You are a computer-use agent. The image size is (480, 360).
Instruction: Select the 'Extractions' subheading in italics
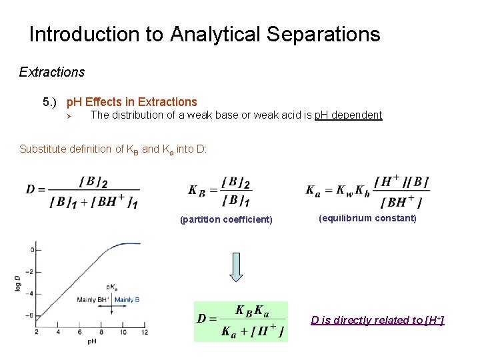pyautogui.click(x=52, y=71)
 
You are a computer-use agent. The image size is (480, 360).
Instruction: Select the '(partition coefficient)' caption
pyautogui.click(x=227, y=219)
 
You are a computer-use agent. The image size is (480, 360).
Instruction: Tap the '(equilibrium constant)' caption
pyautogui.click(x=367, y=218)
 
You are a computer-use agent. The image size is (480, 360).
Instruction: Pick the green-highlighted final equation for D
pyautogui.click(x=241, y=321)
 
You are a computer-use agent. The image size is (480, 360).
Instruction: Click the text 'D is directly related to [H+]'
pyautogui.click(x=377, y=320)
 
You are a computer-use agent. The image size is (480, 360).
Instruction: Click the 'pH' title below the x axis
pyautogui.click(x=91, y=341)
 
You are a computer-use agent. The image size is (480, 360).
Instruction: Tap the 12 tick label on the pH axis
pyautogui.click(x=145, y=332)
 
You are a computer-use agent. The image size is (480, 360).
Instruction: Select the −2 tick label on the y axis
pyautogui.click(x=29, y=271)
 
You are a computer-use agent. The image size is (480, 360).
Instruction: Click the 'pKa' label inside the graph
pyautogui.click(x=111, y=287)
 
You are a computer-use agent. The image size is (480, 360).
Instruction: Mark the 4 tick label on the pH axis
pyautogui.click(x=58, y=332)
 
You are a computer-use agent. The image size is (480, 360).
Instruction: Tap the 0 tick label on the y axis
pyautogui.click(x=31, y=250)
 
